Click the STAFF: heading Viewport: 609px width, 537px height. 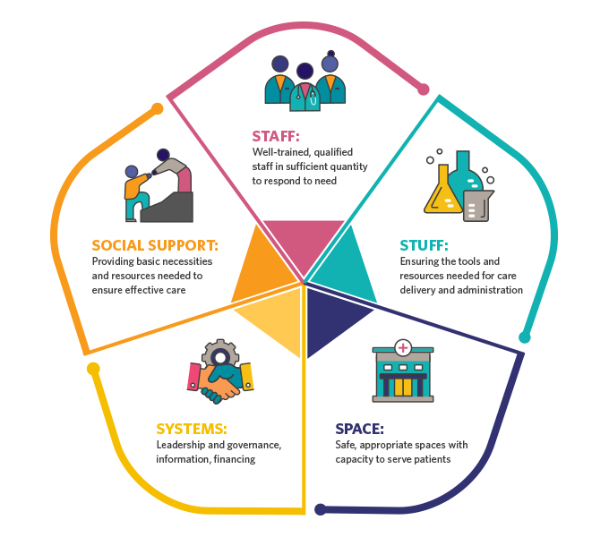coord(275,137)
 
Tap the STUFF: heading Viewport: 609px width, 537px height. coord(424,245)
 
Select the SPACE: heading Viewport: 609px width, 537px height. coord(359,429)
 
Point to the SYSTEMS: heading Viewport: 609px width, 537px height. coord(191,429)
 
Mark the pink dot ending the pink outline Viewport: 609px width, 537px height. coord(423,89)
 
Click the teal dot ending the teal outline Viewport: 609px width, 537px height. coord(525,337)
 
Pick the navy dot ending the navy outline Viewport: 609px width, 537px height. coord(321,509)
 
